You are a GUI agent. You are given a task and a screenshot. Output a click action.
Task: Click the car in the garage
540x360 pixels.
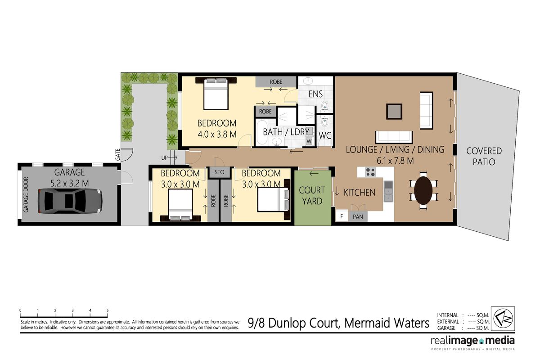(x=70, y=201)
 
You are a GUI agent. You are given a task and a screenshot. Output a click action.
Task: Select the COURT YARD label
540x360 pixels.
(x=312, y=196)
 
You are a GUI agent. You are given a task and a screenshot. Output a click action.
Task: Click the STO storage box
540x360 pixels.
(x=219, y=172)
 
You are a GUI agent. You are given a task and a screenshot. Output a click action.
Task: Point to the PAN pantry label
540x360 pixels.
(x=358, y=216)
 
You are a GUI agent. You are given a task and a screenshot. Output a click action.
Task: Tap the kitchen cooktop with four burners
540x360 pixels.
(x=370, y=172)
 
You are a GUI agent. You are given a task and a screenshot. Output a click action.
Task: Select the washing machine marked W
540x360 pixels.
(x=309, y=141)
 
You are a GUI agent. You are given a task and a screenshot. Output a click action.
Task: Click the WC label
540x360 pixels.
(x=325, y=135)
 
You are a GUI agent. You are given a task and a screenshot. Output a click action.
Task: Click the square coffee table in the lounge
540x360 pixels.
(x=395, y=111)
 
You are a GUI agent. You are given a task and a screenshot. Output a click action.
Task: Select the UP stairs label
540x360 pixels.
(x=165, y=157)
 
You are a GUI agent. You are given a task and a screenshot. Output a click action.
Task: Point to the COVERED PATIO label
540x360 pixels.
(x=484, y=156)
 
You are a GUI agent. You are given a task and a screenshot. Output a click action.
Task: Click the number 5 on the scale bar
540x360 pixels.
(x=108, y=310)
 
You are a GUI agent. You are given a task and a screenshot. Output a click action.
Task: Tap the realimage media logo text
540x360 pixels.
(x=472, y=341)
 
